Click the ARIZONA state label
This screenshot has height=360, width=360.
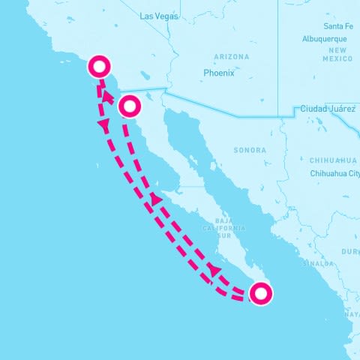(x=231, y=57)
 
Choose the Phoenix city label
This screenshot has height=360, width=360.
(x=219, y=73)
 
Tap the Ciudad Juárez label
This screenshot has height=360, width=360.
(x=328, y=109)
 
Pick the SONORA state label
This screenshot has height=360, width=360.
(x=249, y=150)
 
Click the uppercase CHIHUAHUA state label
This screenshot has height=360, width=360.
(x=333, y=160)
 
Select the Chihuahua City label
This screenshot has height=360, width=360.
(x=334, y=172)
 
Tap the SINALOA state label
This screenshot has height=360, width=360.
(x=318, y=263)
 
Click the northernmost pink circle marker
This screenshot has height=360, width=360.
(x=99, y=67)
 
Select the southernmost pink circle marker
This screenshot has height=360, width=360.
(x=259, y=294)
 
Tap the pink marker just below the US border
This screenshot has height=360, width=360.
(x=130, y=106)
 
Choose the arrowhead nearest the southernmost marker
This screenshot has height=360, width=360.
(x=214, y=268)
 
